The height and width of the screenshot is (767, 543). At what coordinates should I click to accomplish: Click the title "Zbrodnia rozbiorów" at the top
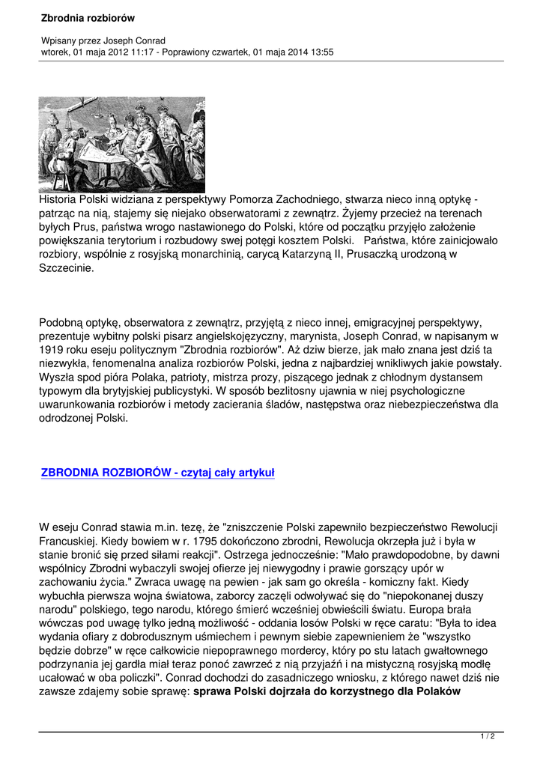click(83, 17)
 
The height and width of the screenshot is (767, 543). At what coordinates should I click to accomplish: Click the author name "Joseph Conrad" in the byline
click(134, 40)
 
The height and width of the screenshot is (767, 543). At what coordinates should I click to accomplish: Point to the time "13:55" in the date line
click(321, 52)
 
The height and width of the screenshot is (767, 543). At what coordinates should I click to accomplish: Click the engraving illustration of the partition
click(121, 145)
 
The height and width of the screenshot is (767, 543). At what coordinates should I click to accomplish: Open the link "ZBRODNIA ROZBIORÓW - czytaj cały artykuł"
click(158, 473)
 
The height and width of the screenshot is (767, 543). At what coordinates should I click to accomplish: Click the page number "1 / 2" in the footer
click(488, 737)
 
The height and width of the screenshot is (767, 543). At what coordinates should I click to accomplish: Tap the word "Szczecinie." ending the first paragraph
click(67, 267)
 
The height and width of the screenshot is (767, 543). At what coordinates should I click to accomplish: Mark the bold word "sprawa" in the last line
click(212, 691)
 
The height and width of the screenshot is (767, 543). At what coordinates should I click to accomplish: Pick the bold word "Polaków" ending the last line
click(437, 691)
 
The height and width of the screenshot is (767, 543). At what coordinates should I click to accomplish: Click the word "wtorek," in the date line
click(57, 52)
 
